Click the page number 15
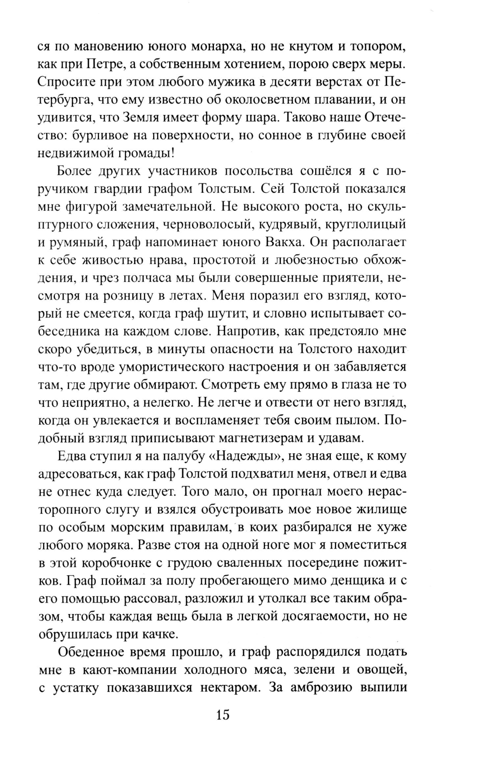(x=223, y=715)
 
